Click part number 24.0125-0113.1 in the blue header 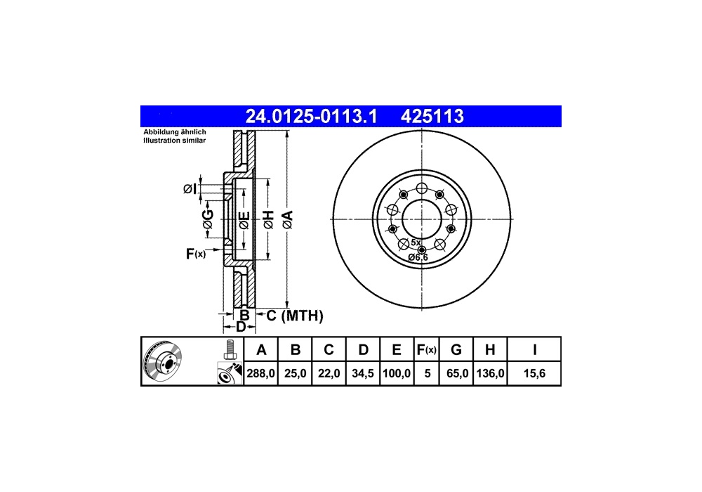click(311, 117)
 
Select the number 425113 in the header click(432, 117)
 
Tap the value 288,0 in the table click(260, 373)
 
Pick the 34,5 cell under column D click(363, 373)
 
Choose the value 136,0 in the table click(490, 373)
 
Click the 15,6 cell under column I click(534, 373)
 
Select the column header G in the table click(456, 349)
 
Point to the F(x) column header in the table click(426, 349)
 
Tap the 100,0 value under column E click(397, 373)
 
